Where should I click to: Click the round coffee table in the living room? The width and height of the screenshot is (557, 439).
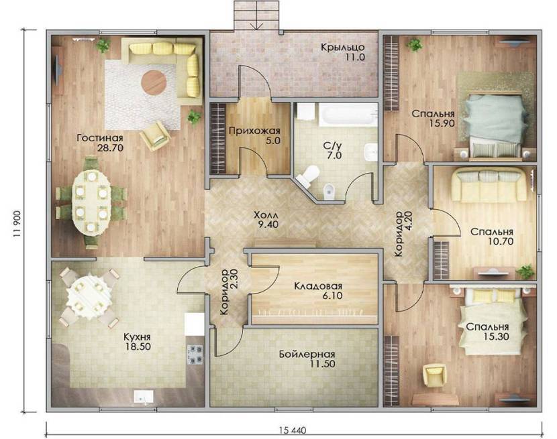pyautogui.click(x=154, y=82)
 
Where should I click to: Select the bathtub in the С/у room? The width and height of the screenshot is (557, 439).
pyautogui.click(x=348, y=115)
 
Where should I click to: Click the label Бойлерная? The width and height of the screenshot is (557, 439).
pyautogui.click(x=307, y=354)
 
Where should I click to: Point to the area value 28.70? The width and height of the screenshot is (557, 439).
pyautogui.click(x=110, y=147)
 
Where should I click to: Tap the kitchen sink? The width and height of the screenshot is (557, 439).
pyautogui.click(x=144, y=396)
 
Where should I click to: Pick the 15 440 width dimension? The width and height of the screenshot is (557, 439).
pyautogui.click(x=293, y=430)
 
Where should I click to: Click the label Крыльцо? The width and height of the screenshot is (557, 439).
pyautogui.click(x=343, y=47)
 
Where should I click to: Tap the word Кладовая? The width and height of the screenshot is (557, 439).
pyautogui.click(x=318, y=286)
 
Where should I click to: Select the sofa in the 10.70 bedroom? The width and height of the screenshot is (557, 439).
pyautogui.click(x=489, y=185)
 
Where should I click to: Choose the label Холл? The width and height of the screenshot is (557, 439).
pyautogui.click(x=266, y=215)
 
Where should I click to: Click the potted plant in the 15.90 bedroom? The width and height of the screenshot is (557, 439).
pyautogui.click(x=415, y=45)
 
